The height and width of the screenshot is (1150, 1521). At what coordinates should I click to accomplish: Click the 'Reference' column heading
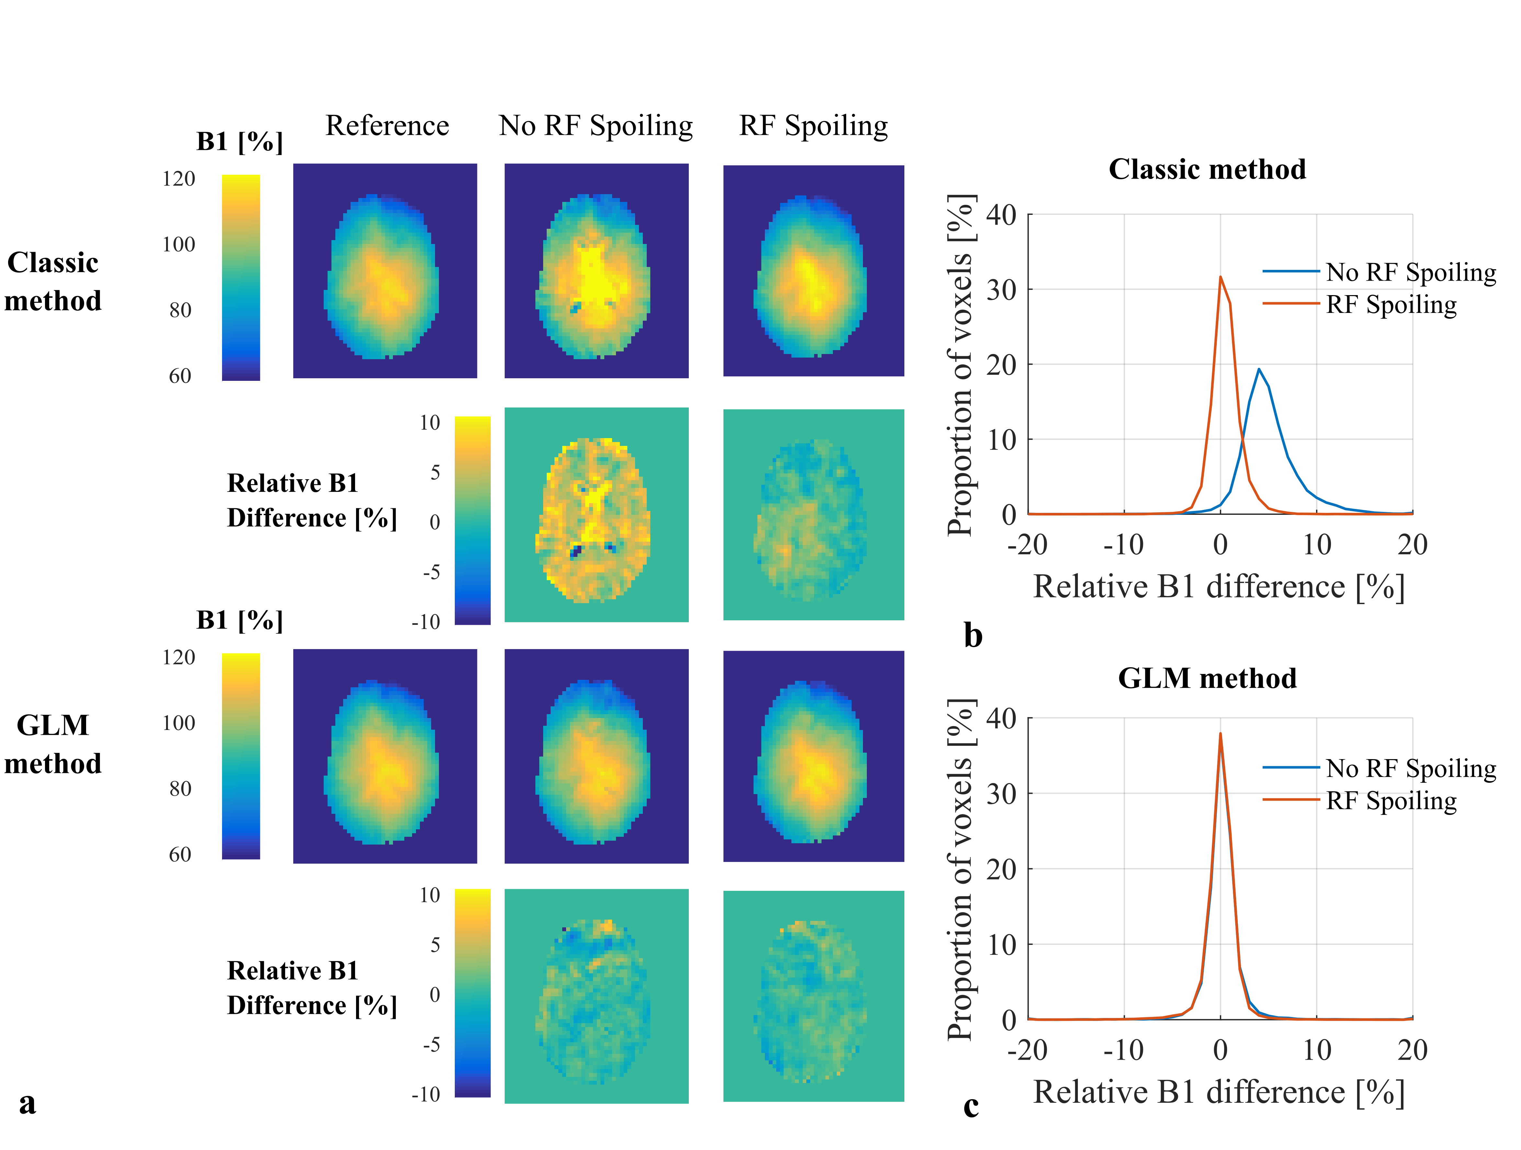[x=387, y=126]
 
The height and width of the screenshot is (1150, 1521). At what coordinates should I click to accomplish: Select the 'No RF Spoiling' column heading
[x=596, y=126]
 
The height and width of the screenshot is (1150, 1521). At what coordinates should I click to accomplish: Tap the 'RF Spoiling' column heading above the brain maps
[x=813, y=126]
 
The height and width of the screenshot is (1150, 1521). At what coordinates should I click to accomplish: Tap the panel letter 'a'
[x=28, y=1103]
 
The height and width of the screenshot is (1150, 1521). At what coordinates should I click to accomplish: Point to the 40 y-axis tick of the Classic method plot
[x=1001, y=215]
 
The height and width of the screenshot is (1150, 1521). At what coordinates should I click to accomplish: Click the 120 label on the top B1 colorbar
[x=179, y=179]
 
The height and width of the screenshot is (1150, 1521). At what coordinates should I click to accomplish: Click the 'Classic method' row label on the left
[x=53, y=282]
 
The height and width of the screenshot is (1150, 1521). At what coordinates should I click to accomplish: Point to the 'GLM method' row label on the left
[x=53, y=745]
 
